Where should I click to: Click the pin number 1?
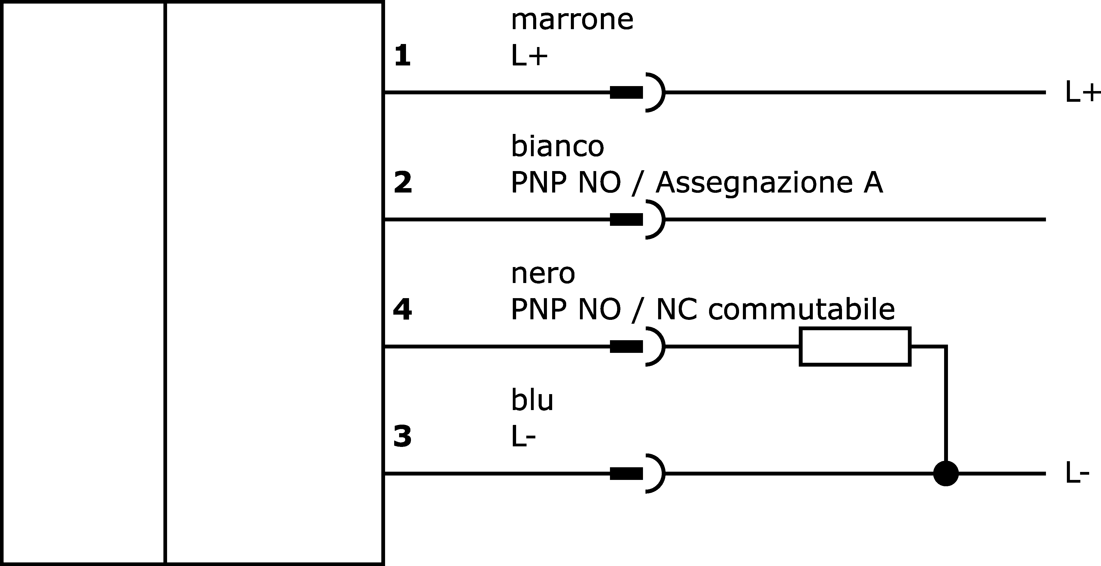coord(402,56)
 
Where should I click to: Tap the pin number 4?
coord(402,309)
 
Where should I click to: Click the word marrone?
coord(572,21)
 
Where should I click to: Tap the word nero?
coord(543,274)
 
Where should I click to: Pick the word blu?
coord(532,400)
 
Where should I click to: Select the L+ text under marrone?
coord(529,56)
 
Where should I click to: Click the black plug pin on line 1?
coord(626,92)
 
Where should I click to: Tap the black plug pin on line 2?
coord(626,219)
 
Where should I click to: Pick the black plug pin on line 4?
coord(626,347)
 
